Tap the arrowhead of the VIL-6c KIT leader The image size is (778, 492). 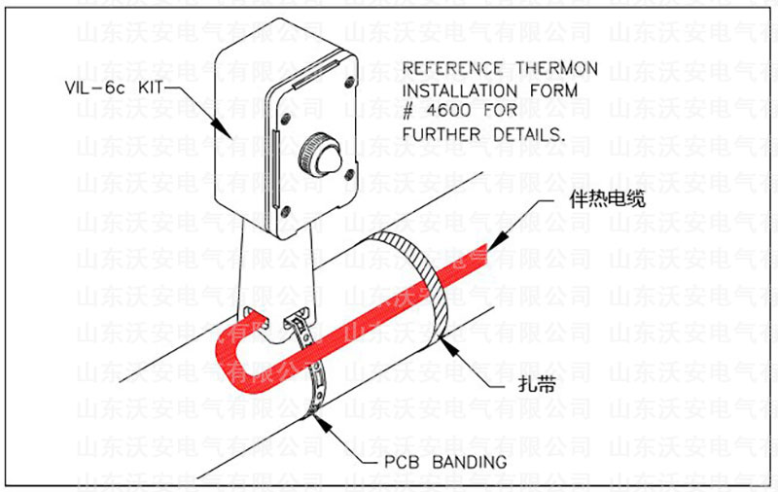pos(226,134)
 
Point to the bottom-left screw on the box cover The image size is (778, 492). pos(285,210)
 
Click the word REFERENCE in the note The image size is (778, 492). pos(448,70)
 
